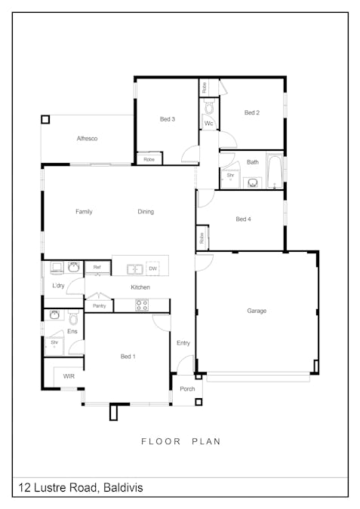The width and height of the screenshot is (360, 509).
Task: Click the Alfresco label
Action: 87,139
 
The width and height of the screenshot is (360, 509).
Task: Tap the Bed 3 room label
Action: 168,119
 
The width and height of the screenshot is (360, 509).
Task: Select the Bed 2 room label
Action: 252,112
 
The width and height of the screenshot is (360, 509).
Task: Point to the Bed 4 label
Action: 243,219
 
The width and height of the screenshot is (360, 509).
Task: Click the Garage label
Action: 257,311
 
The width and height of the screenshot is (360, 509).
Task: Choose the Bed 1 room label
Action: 128,356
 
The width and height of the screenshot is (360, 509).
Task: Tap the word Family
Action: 84,212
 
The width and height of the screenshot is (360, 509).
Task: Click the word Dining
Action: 146,212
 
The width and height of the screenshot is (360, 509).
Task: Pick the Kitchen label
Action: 140,287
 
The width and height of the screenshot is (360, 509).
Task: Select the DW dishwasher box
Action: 152,268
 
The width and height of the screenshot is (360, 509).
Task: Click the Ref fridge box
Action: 97,268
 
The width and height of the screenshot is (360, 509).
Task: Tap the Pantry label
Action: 99,305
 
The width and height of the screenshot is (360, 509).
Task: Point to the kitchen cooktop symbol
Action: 141,305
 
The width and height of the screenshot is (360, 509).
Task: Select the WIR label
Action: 69,376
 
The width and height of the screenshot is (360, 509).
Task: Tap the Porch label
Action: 187,389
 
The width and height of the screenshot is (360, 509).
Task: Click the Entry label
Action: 183,343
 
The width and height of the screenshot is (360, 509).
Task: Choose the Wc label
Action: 208,123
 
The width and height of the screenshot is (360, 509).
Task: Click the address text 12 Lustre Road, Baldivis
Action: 81,488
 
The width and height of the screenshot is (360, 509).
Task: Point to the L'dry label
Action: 58,287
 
